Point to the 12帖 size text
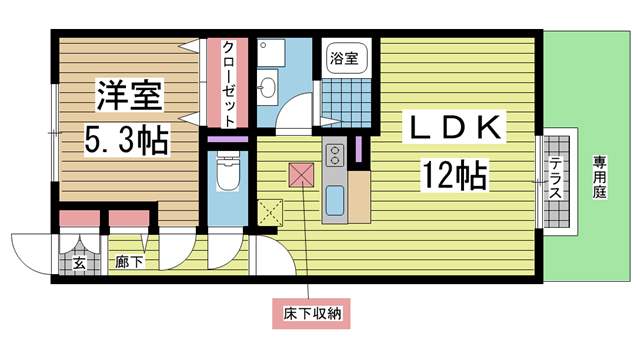(x=454, y=178)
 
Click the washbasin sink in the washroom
(x=269, y=89)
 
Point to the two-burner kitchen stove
(x=334, y=156)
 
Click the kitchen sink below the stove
(x=334, y=196)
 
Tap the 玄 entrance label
(x=77, y=264)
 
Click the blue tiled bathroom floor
(x=345, y=104)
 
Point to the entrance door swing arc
(x=30, y=250)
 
